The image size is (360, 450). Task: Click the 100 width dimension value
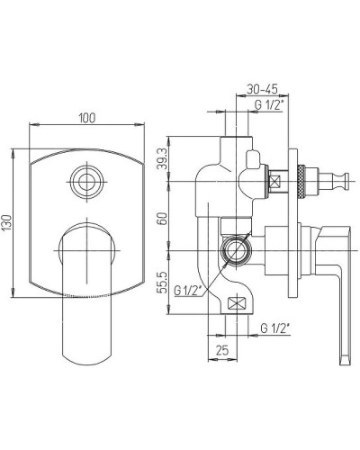tap(86, 118)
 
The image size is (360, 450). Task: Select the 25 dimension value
tap(220, 349)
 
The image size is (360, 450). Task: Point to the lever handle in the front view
tap(85, 297)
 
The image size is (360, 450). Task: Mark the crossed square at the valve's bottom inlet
tap(238, 304)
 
